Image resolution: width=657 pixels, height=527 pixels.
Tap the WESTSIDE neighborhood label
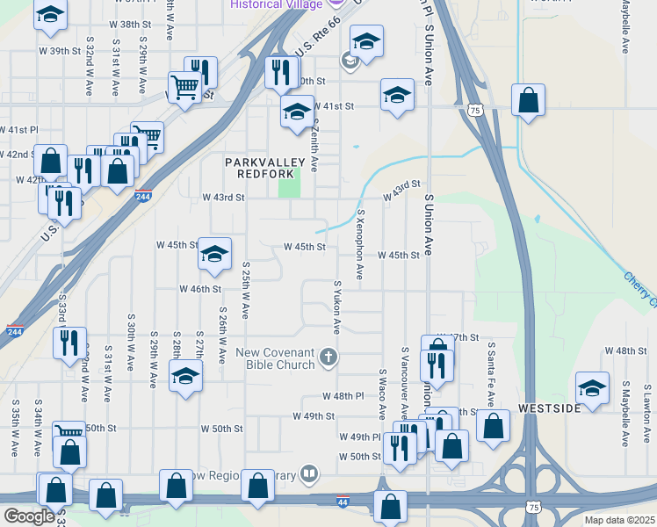pyautogui.click(x=549, y=409)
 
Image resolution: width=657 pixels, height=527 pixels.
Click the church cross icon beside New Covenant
pyautogui.click(x=328, y=356)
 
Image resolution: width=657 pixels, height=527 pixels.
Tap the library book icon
pyautogui.click(x=308, y=474)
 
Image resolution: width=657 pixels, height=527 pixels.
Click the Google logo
pyautogui.click(x=29, y=516)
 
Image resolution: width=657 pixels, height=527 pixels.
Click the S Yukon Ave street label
pyautogui.click(x=336, y=307)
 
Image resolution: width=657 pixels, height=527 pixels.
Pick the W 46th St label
pyautogui.click(x=199, y=288)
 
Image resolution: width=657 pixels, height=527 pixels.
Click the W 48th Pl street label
pyautogui.click(x=342, y=397)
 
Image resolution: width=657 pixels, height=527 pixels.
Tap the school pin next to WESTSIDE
pyautogui.click(x=592, y=387)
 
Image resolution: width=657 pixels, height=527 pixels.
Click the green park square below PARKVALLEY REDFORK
pyautogui.click(x=289, y=184)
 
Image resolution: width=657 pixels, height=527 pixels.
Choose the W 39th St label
pyautogui.click(x=66, y=51)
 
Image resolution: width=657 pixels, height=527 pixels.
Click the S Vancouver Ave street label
pyautogui.click(x=405, y=382)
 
